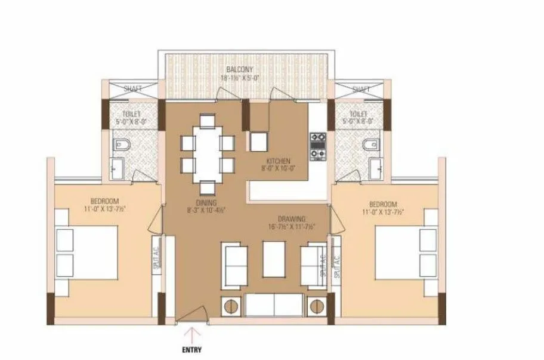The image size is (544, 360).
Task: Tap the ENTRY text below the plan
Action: click(192, 350)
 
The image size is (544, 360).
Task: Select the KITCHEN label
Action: click(279, 161)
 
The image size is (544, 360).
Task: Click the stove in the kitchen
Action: click(317, 146)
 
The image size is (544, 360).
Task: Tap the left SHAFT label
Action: click(132, 89)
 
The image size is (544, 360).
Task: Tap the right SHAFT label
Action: click(361, 89)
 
